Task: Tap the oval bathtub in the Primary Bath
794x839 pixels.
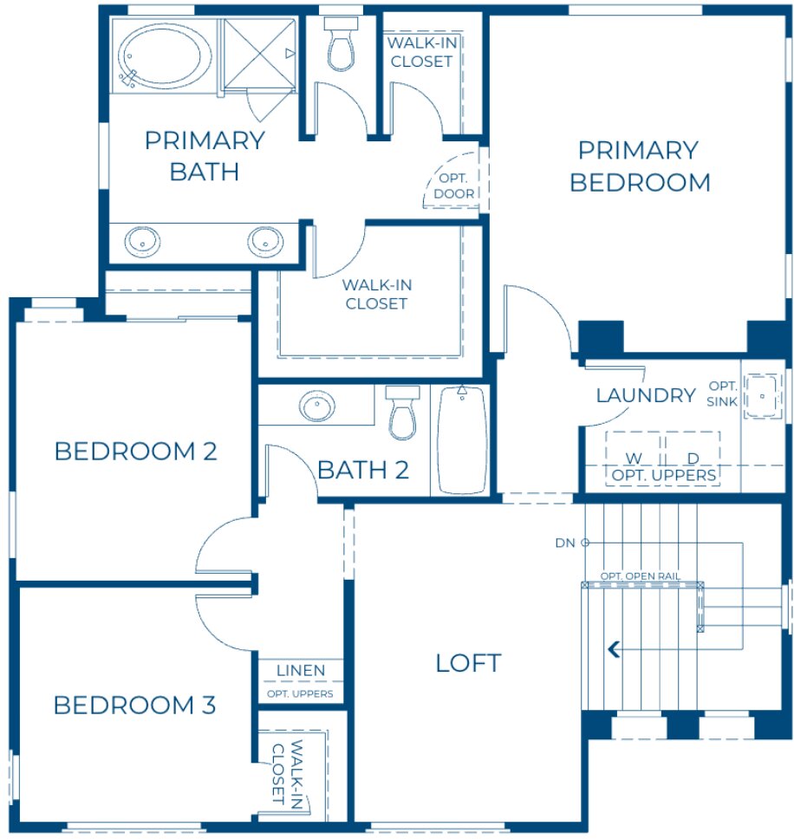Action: pos(164,54)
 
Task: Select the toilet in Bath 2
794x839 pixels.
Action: pos(402,413)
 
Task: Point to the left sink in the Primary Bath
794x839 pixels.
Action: pos(141,241)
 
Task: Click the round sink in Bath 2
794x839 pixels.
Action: pos(316,405)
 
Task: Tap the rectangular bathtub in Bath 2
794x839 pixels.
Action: pos(462,439)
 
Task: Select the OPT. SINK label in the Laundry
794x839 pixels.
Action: pos(722,393)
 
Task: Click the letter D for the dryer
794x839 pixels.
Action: pos(693,458)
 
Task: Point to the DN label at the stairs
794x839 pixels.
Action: pos(566,543)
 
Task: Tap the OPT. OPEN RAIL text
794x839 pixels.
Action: pos(640,576)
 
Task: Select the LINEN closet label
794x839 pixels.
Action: pos(301,670)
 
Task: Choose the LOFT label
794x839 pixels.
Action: pos(468,663)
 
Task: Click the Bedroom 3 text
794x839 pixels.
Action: pos(134,706)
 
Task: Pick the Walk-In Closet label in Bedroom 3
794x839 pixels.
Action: pos(285,771)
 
